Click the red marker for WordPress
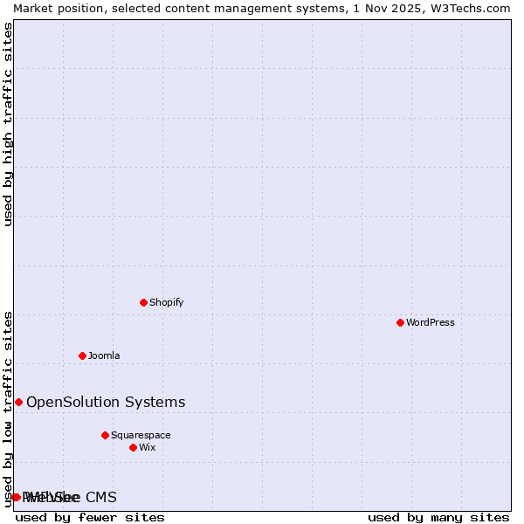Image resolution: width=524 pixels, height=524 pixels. (400, 322)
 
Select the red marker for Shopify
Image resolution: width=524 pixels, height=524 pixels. (143, 302)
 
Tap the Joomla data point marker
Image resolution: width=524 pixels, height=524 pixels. (82, 355)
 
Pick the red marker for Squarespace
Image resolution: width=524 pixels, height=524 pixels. (105, 435)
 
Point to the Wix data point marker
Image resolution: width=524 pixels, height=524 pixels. (133, 447)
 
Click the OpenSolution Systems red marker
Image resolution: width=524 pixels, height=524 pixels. (18, 402)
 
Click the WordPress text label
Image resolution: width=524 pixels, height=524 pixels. (431, 322)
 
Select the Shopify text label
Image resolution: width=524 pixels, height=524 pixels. (166, 302)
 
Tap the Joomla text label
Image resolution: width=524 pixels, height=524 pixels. (104, 355)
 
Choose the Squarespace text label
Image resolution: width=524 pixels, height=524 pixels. (141, 435)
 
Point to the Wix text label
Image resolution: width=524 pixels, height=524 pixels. (147, 447)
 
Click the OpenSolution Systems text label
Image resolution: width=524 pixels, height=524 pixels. (106, 402)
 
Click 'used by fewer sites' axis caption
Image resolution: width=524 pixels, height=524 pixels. (90, 517)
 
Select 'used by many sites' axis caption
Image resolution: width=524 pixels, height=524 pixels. (438, 517)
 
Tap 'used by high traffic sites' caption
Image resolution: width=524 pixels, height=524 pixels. (9, 124)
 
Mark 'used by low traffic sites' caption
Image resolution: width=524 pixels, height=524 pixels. (9, 409)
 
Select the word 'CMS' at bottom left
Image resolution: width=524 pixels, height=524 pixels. (100, 497)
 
